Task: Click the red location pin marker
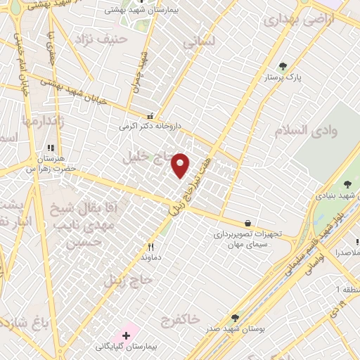[181, 165]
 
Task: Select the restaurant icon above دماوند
[150, 247]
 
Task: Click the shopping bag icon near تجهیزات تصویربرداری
[247, 223]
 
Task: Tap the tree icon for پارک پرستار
[283, 66]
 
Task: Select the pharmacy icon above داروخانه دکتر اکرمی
[150, 116]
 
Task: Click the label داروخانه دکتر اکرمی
[150, 127]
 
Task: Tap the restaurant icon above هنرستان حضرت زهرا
[50, 148]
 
